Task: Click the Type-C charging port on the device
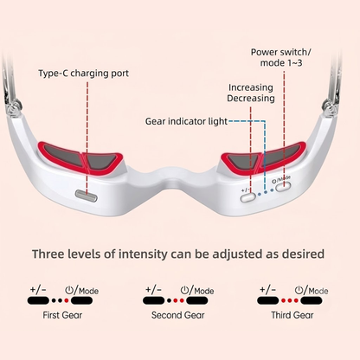87,196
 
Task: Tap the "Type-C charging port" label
84,74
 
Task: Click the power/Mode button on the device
283,187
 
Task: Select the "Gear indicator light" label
186,121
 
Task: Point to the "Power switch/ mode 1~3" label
281,57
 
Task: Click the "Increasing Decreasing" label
251,93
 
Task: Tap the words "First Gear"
62,315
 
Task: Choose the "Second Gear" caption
178,315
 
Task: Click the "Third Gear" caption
292,315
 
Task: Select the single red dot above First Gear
67,300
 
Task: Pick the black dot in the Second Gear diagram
169,300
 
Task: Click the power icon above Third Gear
299,290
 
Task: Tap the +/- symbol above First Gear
38,289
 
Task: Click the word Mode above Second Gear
204,291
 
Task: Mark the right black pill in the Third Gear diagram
312,300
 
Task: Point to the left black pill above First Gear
38,300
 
